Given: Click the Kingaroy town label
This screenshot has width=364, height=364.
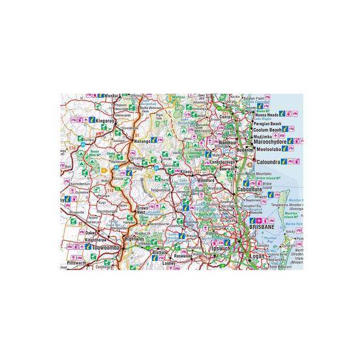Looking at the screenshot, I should click(x=104, y=121).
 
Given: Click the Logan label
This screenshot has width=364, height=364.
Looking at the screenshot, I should click(x=256, y=256).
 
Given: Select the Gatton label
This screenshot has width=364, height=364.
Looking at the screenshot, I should click(x=159, y=252).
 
